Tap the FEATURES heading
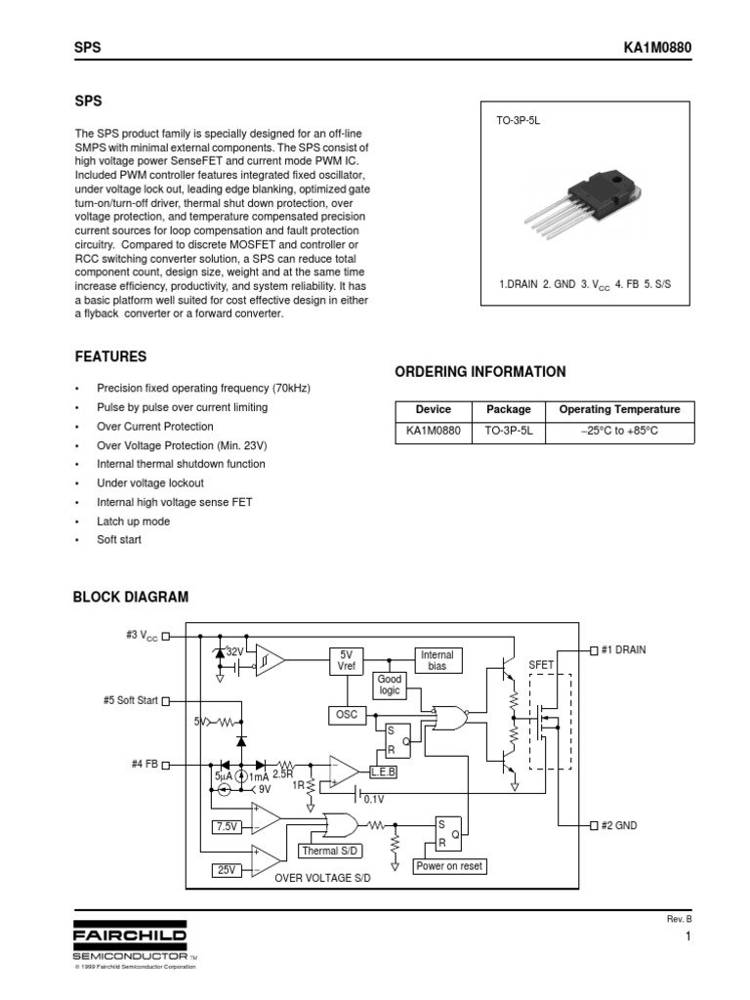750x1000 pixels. [x=111, y=357]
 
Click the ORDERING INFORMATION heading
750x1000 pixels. [x=479, y=372]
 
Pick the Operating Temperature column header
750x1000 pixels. [x=619, y=410]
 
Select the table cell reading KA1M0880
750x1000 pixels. [x=433, y=431]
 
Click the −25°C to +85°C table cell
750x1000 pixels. [x=619, y=431]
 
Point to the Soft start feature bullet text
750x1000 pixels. [x=119, y=540]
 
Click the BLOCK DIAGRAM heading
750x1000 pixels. [x=132, y=597]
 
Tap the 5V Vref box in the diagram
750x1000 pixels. [x=347, y=660]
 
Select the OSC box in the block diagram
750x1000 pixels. [x=346, y=716]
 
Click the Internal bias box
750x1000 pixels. [x=437, y=660]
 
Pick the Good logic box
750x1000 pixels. [x=390, y=685]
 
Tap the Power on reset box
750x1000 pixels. [x=449, y=866]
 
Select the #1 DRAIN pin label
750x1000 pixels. [x=623, y=649]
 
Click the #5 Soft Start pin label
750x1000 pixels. [x=130, y=700]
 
